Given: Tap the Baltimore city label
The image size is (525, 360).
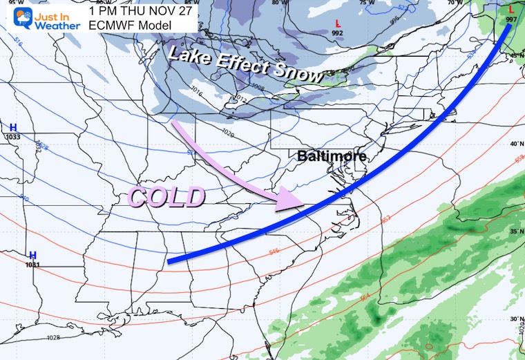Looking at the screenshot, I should tap(332, 156).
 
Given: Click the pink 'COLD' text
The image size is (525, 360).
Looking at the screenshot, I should tap(166, 198).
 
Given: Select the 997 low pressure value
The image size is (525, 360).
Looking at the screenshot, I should tap(511, 19).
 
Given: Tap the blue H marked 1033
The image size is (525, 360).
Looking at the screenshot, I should tap(13, 127).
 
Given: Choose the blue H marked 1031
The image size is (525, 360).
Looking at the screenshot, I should tap(32, 255).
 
